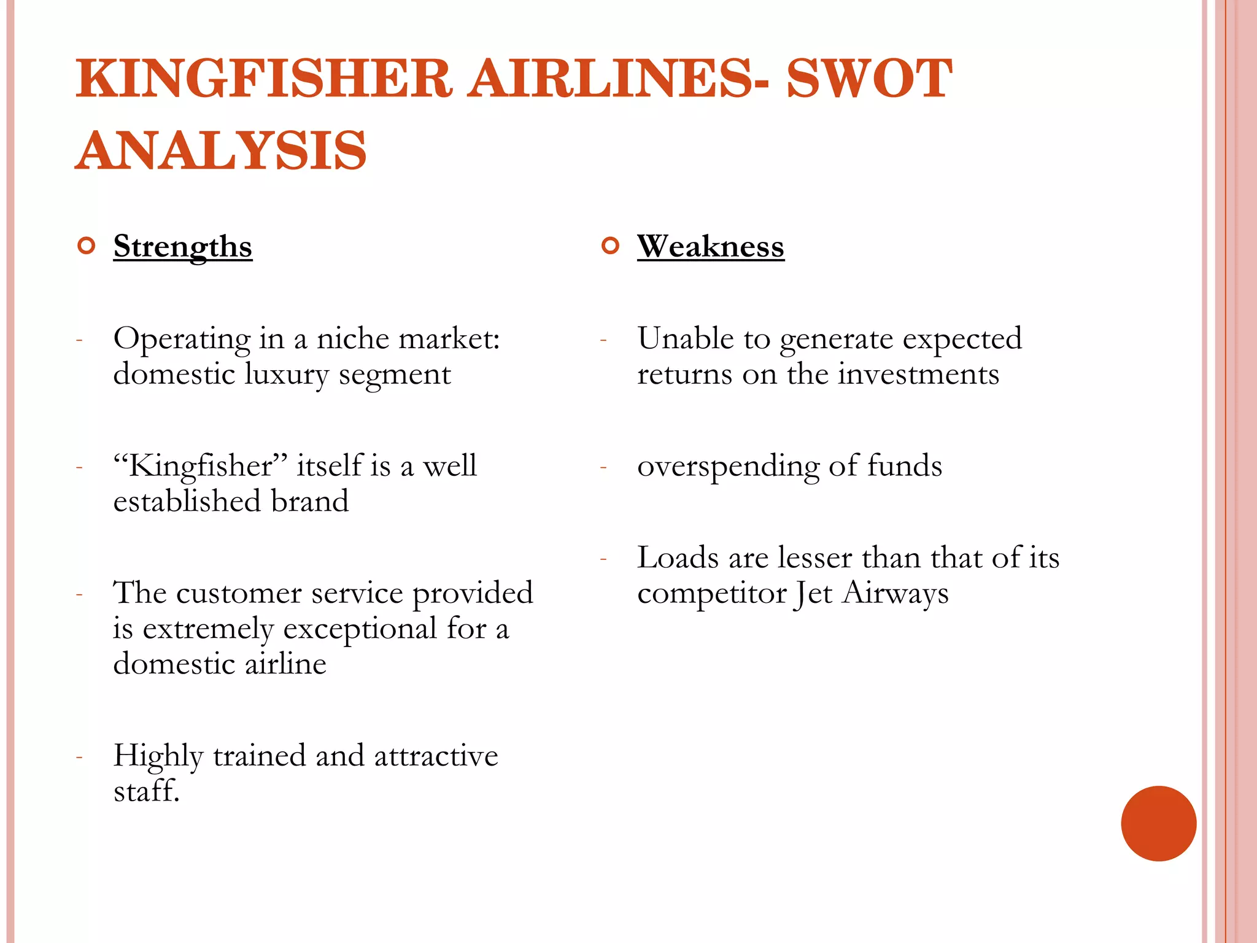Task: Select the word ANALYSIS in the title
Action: [x=221, y=150]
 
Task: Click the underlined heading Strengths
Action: [x=183, y=247]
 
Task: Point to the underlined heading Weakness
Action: [x=711, y=247]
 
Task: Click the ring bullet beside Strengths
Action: [x=87, y=246]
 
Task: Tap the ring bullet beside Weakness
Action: [x=611, y=246]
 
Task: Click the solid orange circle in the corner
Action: [x=1158, y=823]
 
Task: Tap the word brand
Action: [x=310, y=502]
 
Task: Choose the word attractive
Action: [x=436, y=756]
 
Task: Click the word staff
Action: [x=145, y=791]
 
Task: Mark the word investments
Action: [x=919, y=374]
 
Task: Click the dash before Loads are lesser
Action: [x=604, y=559]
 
